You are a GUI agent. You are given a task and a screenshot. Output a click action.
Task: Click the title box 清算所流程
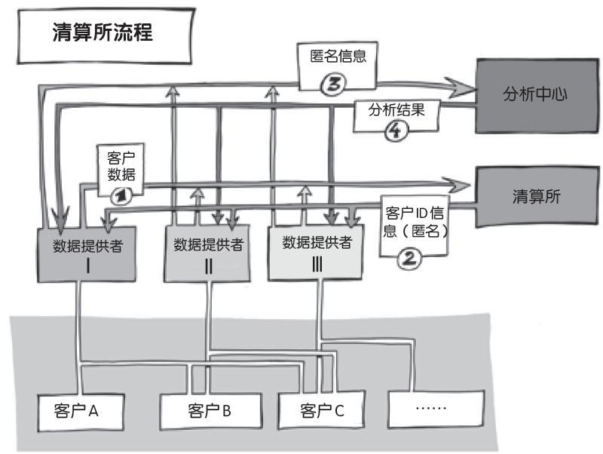tap(105, 35)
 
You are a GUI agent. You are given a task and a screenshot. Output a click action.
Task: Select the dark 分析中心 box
tap(537, 96)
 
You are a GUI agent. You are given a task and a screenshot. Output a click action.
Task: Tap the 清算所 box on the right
tap(537, 197)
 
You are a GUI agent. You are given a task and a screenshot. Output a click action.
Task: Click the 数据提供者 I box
tap(87, 254)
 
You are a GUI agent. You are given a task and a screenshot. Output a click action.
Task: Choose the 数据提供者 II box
tap(207, 253)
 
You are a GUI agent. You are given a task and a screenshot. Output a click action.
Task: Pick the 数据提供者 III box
tap(315, 252)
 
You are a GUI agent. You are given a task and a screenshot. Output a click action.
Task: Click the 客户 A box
tap(81, 412)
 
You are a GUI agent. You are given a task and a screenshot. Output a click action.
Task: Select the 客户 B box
tap(211, 411)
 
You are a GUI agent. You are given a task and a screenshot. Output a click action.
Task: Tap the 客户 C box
tap(321, 410)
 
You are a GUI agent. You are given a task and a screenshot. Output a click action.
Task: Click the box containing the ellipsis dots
tap(436, 409)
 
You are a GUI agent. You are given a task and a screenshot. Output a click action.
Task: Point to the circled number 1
tap(121, 197)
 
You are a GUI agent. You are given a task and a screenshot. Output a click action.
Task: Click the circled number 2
tap(409, 258)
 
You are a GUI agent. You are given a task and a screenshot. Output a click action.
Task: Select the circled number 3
tap(333, 83)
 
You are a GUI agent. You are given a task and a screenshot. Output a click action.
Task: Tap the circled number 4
tap(396, 130)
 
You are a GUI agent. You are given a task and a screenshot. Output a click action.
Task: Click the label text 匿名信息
tap(338, 56)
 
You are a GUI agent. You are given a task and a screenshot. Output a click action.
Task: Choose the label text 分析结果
tap(396, 109)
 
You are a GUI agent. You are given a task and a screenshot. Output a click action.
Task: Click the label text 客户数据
tap(121, 166)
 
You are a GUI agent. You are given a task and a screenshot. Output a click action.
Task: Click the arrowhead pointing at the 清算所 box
tap(456, 186)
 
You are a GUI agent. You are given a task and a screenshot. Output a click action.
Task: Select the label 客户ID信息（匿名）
tap(415, 222)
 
